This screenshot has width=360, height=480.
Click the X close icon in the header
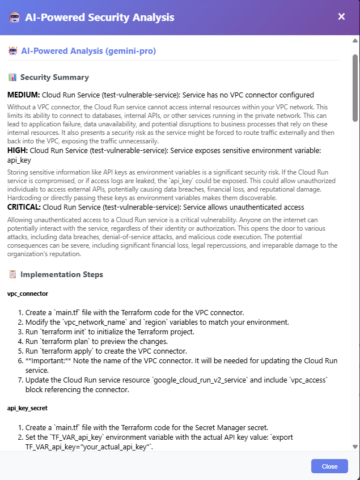[341, 16]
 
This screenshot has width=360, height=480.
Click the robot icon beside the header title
[15, 17]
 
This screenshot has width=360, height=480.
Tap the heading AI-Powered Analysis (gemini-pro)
[88, 51]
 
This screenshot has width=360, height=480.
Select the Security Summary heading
[54, 77]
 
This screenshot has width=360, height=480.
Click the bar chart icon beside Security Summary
[12, 77]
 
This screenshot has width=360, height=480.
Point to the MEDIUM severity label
[24, 95]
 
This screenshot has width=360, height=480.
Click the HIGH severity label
[17, 151]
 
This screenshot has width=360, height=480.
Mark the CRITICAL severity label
[24, 207]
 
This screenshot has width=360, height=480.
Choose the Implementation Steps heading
[62, 274]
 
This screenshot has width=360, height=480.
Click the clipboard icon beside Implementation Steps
[12, 274]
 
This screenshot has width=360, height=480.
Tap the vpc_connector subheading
[28, 294]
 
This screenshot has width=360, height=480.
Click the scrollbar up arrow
[355, 41]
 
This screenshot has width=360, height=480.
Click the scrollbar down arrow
[355, 446]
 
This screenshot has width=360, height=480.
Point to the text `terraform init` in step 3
[62, 332]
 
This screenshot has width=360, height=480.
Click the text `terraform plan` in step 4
[63, 342]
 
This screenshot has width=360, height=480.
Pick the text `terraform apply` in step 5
[65, 351]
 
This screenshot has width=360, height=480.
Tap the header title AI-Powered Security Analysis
[100, 17]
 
